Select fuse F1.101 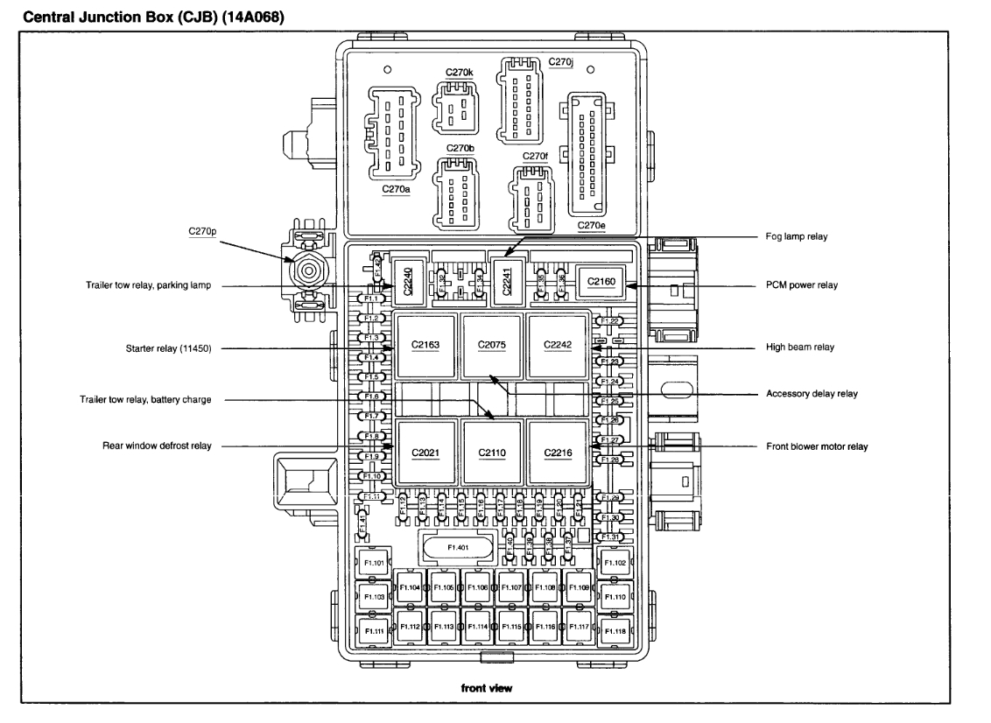tap(374, 563)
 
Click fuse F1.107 tap(511, 587)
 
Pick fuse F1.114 tap(477, 627)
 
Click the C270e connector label tap(591, 225)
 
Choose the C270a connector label tap(397, 188)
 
